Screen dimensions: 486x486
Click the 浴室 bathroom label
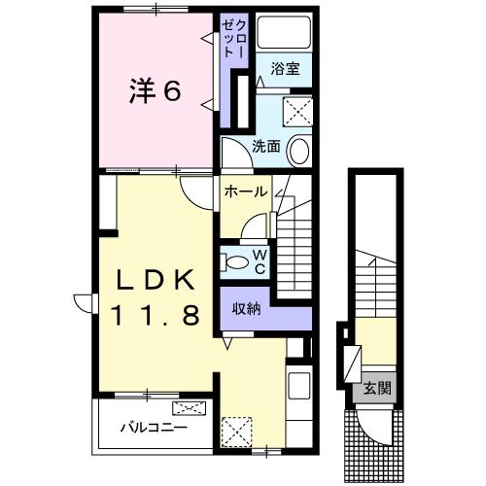pyautogui.click(x=284, y=70)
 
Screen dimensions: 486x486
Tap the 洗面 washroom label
pyautogui.click(x=266, y=147)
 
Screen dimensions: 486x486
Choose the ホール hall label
pyautogui.click(x=245, y=191)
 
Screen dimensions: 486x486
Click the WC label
pyautogui.click(x=260, y=260)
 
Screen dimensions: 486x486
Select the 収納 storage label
pyautogui.click(x=245, y=309)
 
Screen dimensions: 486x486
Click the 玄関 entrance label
pyautogui.click(x=378, y=389)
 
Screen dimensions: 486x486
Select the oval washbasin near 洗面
pyautogui.click(x=300, y=151)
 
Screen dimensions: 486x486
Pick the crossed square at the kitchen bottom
pyautogui.click(x=236, y=429)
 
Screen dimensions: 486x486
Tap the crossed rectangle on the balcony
pyautogui.click(x=189, y=408)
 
